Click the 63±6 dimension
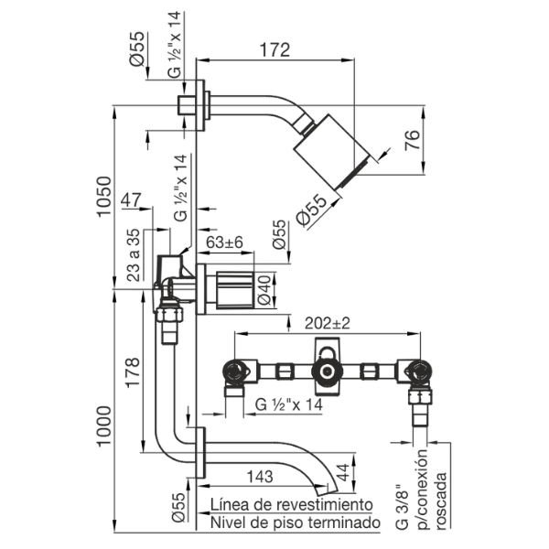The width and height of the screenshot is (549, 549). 224,242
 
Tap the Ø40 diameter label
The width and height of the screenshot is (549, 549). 264,291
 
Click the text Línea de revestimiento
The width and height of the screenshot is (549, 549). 291,504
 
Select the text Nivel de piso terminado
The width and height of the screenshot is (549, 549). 295,522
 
